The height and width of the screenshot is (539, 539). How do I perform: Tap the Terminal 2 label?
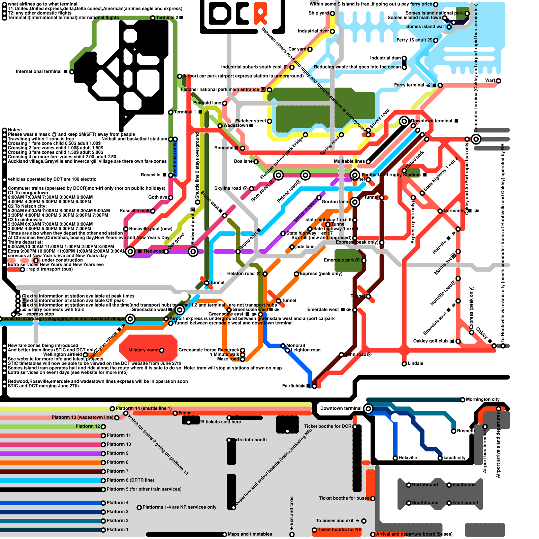pyautogui.click(x=167, y=18)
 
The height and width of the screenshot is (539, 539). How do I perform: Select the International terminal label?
pyautogui.click(x=38, y=71)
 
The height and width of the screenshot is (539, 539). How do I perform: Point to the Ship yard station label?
pyautogui.click(x=318, y=13)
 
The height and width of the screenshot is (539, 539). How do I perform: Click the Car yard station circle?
pyautogui.click(x=310, y=50)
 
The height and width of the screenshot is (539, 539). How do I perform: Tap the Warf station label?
pyautogui.click(x=490, y=81)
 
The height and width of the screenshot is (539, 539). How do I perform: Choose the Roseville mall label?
pyautogui.click(x=134, y=211)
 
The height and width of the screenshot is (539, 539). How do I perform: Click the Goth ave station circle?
pyautogui.click(x=171, y=198)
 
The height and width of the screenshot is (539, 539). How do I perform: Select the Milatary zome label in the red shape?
pyautogui.click(x=143, y=350)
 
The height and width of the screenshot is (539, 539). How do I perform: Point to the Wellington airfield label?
pyautogui.click(x=62, y=354)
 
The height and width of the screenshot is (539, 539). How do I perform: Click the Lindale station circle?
pyautogui.click(x=404, y=364)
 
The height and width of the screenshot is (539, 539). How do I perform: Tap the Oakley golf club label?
pyautogui.click(x=430, y=341)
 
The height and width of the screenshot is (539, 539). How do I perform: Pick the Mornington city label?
pyautogui.click(x=482, y=400)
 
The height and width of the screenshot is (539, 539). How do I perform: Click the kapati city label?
pyautogui.click(x=454, y=458)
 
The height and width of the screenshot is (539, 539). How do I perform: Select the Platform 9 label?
pyautogui.click(x=118, y=453)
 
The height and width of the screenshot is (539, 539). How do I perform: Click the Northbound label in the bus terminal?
pyautogui.click(x=425, y=485)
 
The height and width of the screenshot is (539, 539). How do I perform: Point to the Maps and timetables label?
pyautogui.click(x=250, y=534)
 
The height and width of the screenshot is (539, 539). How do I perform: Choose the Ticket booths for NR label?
pyautogui.click(x=339, y=530)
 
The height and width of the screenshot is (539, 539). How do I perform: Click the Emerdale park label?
pyautogui.click(x=339, y=260)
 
